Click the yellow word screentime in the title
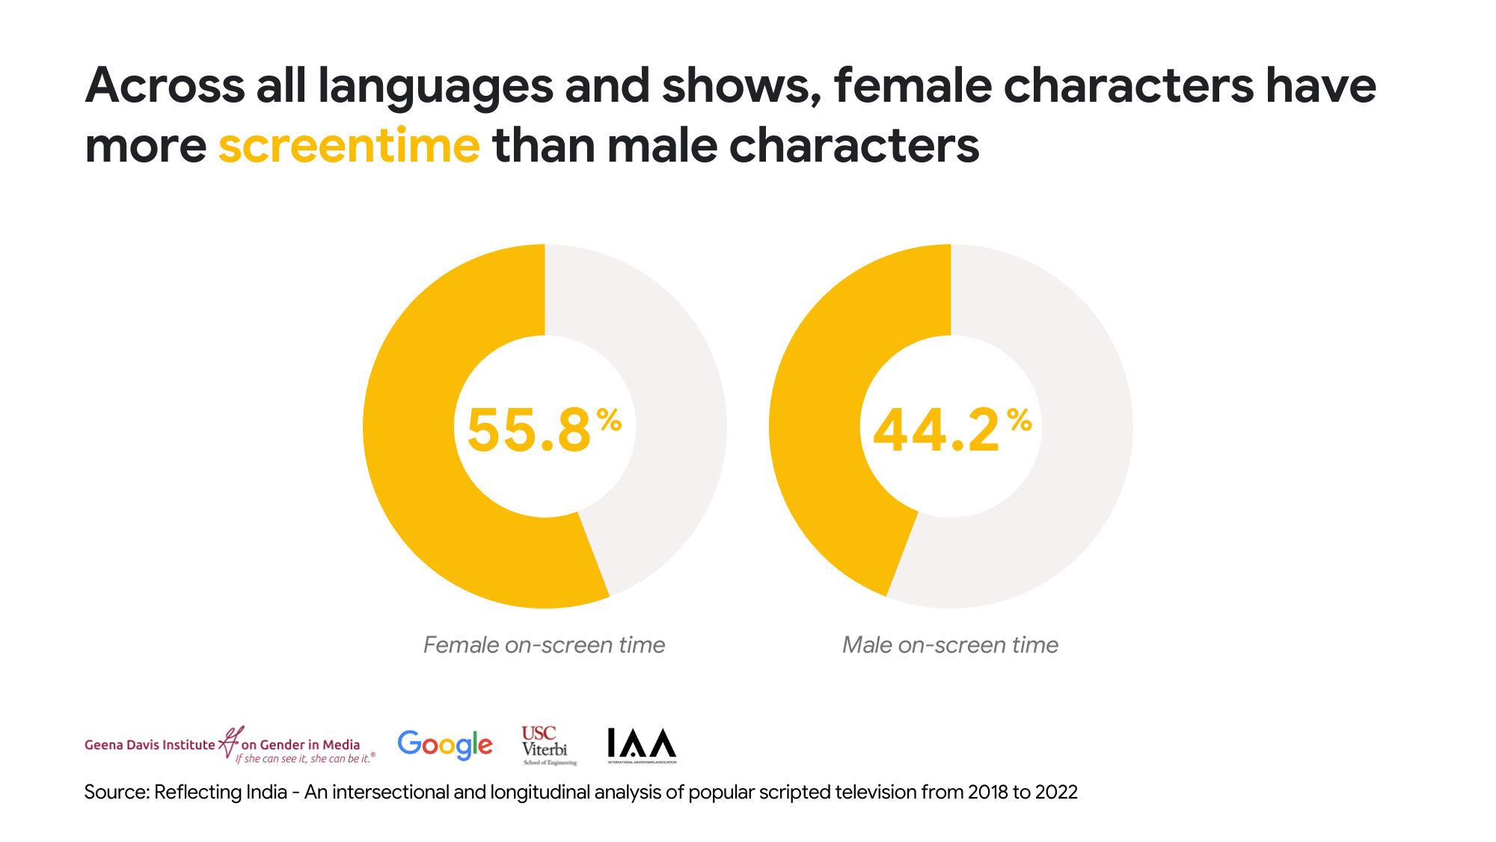coord(349,145)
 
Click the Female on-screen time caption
coord(544,644)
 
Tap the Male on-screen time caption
coord(950,644)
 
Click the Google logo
coord(445,745)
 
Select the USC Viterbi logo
coord(548,745)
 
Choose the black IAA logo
coord(642,745)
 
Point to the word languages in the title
coord(435,86)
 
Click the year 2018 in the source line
coord(987,792)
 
